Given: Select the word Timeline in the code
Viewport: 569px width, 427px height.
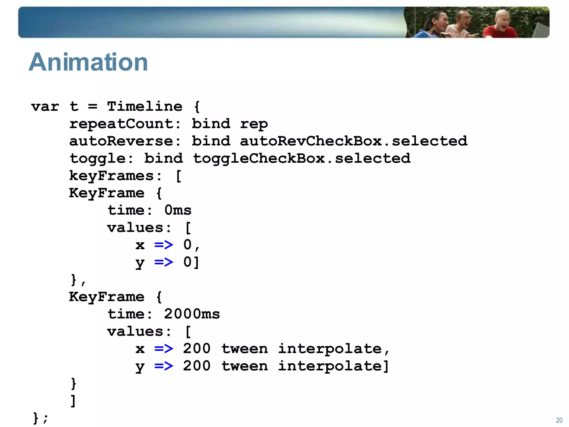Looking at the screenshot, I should click(x=145, y=106).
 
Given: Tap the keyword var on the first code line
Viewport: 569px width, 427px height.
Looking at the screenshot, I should click(x=45, y=106).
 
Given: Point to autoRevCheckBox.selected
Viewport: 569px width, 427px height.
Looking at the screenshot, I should click(x=353, y=141).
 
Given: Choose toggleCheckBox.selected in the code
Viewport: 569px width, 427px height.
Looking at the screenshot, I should click(x=301, y=158).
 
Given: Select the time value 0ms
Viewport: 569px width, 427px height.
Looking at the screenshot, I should click(x=178, y=210).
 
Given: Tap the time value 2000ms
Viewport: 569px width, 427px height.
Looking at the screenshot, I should click(x=192, y=314).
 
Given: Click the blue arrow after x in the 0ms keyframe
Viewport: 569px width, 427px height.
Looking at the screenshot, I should click(x=164, y=245).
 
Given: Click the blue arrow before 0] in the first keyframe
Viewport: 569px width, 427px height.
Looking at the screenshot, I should click(x=164, y=262).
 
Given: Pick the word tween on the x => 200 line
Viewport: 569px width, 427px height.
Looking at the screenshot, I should click(x=244, y=349).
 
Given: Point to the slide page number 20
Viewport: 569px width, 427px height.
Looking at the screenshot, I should click(x=559, y=420).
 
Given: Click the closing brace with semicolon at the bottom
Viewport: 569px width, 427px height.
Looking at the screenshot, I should click(x=40, y=418).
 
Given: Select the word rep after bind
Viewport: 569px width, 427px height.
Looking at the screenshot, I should click(x=254, y=124).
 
